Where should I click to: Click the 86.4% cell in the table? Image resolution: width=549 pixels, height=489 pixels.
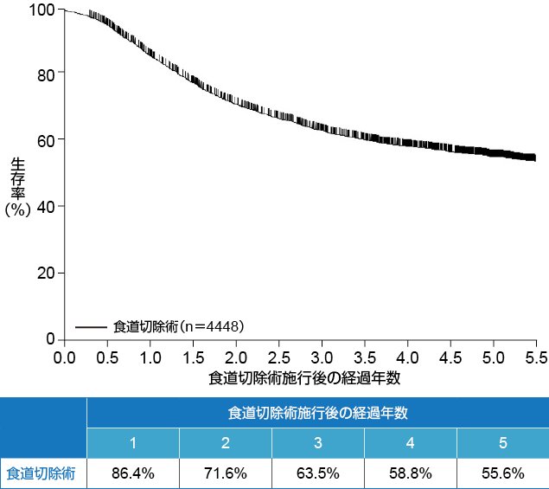[x=133, y=473]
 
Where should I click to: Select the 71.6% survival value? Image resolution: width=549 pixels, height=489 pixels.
[x=226, y=473]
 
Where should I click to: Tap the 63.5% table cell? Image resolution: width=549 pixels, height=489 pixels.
[x=318, y=473]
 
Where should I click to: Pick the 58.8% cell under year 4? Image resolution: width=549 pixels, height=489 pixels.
[x=411, y=473]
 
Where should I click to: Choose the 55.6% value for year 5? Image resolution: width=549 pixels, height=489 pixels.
[x=502, y=473]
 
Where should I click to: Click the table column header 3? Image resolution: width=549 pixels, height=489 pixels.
[x=318, y=443]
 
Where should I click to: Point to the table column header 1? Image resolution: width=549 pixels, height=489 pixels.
[x=133, y=443]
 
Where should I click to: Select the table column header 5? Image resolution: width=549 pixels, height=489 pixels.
[x=502, y=443]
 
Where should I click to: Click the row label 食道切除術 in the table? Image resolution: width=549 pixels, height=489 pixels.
[x=41, y=473]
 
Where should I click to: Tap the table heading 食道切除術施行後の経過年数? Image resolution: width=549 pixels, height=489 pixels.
[x=317, y=413]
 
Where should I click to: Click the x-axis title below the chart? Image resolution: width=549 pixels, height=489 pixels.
[x=303, y=378]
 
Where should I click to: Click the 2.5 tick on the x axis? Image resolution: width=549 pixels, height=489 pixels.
[x=278, y=357]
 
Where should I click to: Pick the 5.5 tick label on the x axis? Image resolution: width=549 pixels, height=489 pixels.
[x=535, y=357]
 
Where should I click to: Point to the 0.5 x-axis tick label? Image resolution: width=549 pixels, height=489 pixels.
[x=107, y=357]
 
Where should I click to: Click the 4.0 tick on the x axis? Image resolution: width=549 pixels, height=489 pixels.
[x=407, y=357]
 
